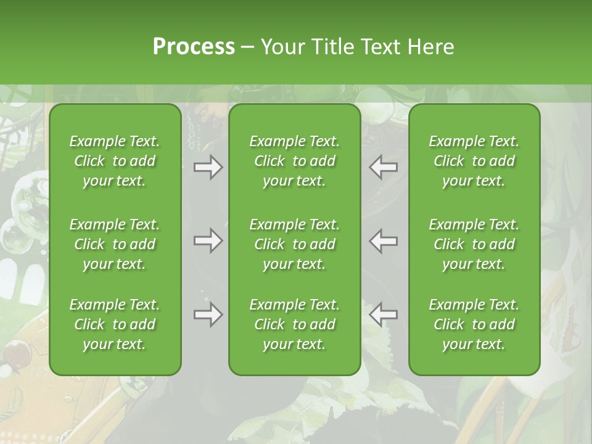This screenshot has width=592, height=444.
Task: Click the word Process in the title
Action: (194, 47)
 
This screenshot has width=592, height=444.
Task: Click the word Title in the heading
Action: (331, 47)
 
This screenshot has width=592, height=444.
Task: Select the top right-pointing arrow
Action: (208, 166)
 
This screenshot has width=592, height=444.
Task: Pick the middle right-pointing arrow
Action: (208, 240)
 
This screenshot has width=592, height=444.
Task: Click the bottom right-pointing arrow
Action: (208, 314)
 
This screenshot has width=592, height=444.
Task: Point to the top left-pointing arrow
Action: (383, 166)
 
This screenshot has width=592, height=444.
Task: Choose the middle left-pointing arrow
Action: (383, 240)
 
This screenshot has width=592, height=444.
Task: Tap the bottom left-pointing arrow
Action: (383, 314)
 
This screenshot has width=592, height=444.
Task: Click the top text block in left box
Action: (115, 161)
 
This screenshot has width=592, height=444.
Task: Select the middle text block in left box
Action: (115, 244)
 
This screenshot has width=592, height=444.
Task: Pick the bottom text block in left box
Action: (115, 324)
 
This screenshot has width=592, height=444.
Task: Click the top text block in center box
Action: (294, 161)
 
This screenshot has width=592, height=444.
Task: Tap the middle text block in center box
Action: (294, 244)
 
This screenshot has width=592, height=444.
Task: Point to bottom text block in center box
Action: (294, 324)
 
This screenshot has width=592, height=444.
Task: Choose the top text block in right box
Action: (474, 161)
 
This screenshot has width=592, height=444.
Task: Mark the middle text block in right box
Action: (474, 244)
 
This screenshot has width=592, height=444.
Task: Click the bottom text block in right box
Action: (474, 324)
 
